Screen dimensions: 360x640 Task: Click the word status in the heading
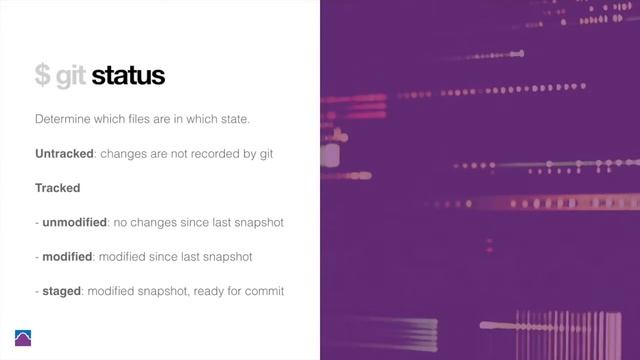(127, 75)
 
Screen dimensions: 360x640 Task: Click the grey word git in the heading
(70, 77)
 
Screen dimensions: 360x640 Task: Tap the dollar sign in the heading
(42, 75)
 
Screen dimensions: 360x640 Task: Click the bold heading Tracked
(58, 188)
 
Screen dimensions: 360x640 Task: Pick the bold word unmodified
(74, 222)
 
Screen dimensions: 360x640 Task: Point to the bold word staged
(63, 290)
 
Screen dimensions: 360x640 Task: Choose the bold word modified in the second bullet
(68, 256)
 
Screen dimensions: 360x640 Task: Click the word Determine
(64, 120)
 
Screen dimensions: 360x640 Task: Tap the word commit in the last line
(265, 291)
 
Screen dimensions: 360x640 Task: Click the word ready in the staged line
(210, 291)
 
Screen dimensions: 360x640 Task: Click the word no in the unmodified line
(120, 222)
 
